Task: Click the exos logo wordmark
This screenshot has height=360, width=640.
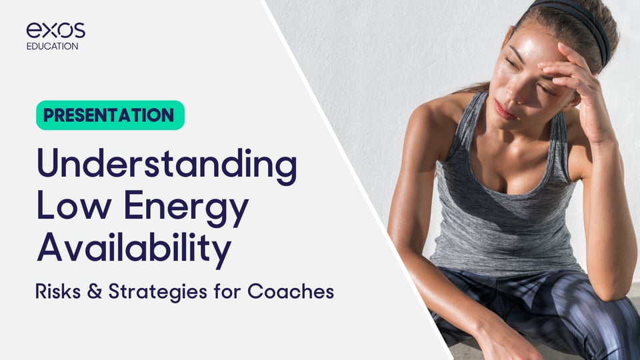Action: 56,30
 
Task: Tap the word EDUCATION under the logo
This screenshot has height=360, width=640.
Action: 52,46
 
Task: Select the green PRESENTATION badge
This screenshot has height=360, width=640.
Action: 110,115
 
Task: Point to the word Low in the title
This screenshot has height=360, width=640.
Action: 74,205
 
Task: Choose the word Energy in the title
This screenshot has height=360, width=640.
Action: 186,208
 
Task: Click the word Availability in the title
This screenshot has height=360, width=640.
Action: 134,247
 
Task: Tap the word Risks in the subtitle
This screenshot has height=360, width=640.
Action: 58,291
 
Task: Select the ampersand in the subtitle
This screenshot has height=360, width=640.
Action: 94,291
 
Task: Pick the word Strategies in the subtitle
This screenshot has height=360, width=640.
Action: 157,292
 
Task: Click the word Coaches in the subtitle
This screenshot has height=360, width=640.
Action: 291,291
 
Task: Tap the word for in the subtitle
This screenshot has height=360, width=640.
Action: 227,291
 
